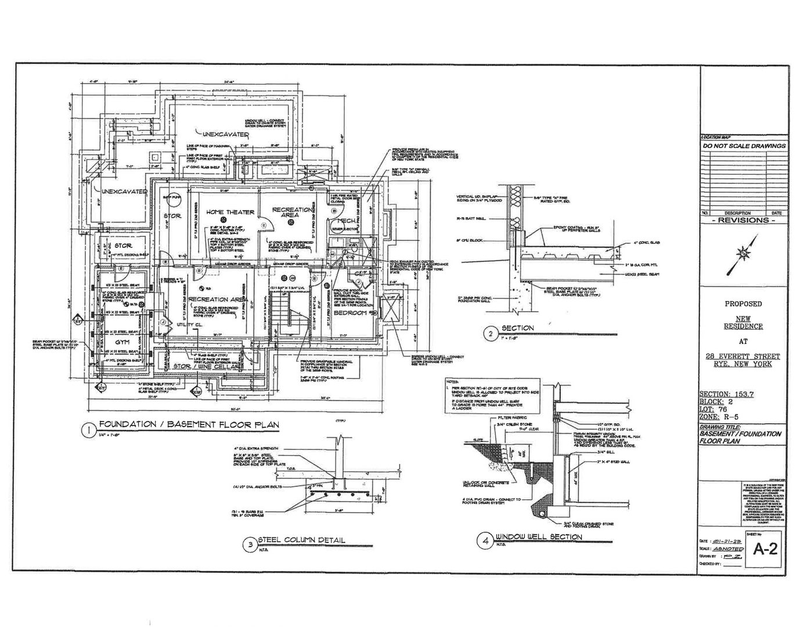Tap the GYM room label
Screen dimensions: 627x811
122,343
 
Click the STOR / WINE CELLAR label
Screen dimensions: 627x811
206,367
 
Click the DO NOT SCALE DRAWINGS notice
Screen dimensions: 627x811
744,146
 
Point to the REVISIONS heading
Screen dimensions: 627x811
744,220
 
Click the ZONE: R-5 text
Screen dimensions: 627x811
719,417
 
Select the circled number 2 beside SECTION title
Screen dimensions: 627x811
491,333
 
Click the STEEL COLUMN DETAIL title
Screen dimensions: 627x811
301,540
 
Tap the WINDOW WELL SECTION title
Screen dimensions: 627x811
538,536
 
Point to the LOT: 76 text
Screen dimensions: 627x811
714,409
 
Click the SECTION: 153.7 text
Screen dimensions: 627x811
726,394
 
